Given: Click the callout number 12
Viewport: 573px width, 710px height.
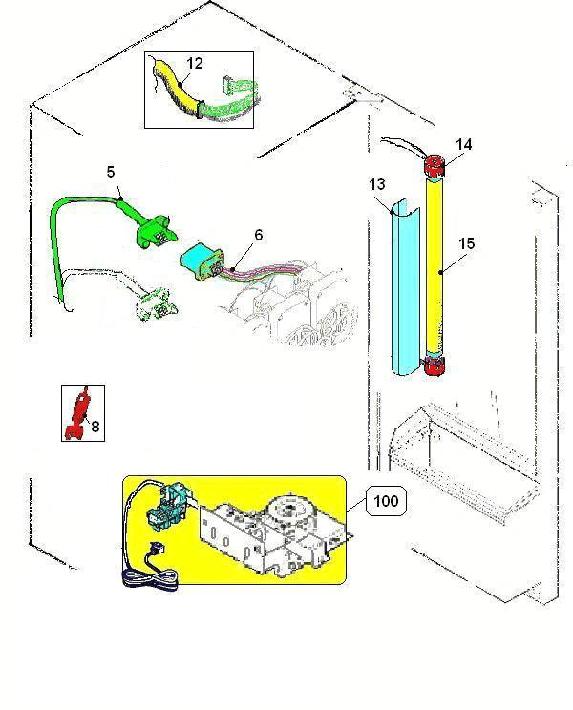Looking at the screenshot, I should [195, 64].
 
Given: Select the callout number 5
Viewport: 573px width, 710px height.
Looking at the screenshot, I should [111, 173].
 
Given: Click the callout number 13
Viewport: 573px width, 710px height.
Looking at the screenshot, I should [378, 184].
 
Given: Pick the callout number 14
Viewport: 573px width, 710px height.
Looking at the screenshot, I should [463, 145].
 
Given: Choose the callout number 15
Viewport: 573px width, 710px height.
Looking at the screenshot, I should [465, 244].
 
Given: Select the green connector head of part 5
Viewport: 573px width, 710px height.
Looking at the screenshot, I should [152, 229].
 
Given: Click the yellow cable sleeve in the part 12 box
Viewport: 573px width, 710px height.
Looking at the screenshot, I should [181, 91].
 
